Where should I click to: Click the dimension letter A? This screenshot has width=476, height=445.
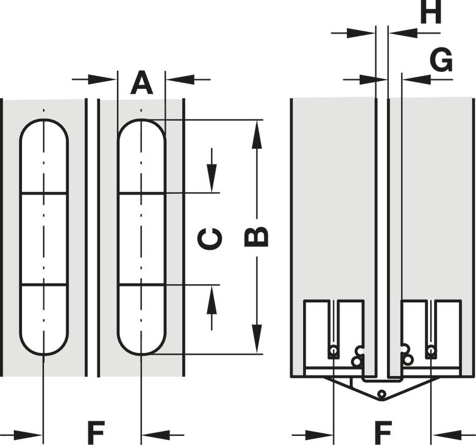pyautogui.click(x=141, y=82)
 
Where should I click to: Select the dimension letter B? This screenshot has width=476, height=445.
pyautogui.click(x=257, y=236)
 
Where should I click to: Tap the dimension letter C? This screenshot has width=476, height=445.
pyautogui.click(x=210, y=238)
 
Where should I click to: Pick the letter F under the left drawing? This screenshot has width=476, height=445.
pyautogui.click(x=96, y=432)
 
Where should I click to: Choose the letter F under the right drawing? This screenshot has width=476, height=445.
pyautogui.click(x=383, y=432)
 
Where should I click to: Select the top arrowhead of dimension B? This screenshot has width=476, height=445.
pyautogui.click(x=257, y=135)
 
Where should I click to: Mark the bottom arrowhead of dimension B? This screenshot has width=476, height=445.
pyautogui.click(x=257, y=339)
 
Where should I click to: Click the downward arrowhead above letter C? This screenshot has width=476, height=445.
pyautogui.click(x=212, y=178)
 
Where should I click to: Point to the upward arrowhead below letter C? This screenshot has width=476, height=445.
pyautogui.click(x=212, y=299)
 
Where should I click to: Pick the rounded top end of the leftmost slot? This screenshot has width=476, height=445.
pyautogui.click(x=44, y=120)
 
